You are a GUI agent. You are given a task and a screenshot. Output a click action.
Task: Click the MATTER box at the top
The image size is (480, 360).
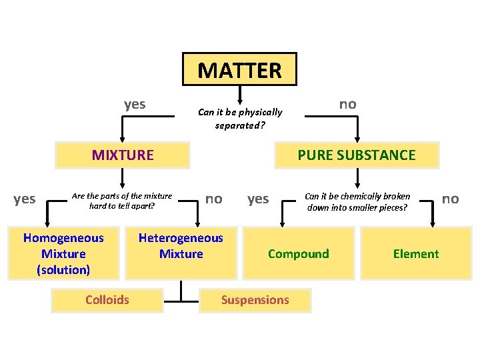click(239, 69)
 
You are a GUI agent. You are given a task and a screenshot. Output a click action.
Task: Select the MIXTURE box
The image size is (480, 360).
click(123, 155)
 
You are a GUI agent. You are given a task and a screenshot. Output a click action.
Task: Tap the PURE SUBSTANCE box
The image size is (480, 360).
click(357, 155)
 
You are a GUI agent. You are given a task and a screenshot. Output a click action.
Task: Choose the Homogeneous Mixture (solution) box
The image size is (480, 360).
click(63, 253)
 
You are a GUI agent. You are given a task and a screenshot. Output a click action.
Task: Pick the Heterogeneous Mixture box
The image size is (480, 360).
click(181, 246)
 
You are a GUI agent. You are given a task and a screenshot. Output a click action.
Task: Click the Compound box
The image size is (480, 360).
click(298, 253)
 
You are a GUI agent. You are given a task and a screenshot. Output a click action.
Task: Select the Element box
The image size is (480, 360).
click(415, 253)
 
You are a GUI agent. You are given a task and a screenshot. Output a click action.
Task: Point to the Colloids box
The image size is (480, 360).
click(107, 299)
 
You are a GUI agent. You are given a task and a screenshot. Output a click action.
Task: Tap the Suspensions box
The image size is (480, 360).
click(255, 300)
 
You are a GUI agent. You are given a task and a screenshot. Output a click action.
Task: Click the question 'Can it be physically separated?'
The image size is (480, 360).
click(240, 118)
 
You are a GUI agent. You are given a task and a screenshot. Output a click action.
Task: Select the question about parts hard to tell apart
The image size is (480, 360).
click(122, 201)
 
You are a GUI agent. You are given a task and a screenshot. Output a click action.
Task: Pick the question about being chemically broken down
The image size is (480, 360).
click(357, 201)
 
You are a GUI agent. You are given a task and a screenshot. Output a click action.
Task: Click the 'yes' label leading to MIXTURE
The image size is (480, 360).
click(135, 104)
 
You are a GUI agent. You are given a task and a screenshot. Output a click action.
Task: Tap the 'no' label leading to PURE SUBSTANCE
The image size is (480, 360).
click(347, 104)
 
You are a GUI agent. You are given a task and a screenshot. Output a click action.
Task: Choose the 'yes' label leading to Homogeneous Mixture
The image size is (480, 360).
click(25, 199)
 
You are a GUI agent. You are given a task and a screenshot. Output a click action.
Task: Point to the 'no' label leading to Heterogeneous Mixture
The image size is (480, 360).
click(213, 198)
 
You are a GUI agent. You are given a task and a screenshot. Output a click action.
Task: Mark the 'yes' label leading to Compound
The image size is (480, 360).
click(258, 199)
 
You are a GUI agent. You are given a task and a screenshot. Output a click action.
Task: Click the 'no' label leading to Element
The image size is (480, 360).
click(451, 199)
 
